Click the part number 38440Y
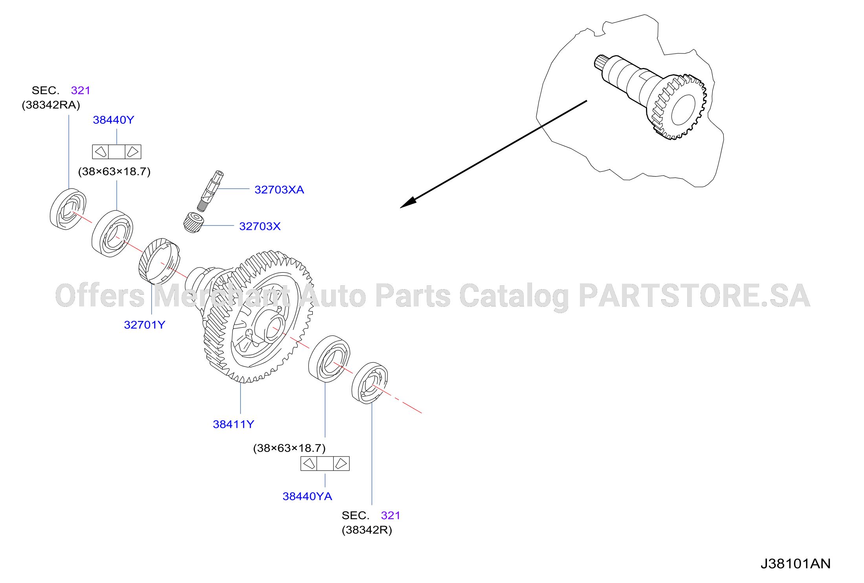pyautogui.click(x=114, y=120)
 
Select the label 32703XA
pyautogui.click(x=279, y=190)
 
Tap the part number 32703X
pyautogui.click(x=260, y=226)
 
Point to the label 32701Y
pyautogui.click(x=145, y=325)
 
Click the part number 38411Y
pyautogui.click(x=233, y=424)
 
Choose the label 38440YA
pyautogui.click(x=307, y=497)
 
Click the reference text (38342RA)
pyautogui.click(x=51, y=105)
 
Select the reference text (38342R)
pyautogui.click(x=367, y=530)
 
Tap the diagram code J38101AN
pyautogui.click(x=796, y=564)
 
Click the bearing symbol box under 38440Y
pyautogui.click(x=117, y=152)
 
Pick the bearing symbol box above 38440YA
pyautogui.click(x=325, y=464)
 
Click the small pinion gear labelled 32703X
pyautogui.click(x=194, y=223)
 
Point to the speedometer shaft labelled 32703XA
pyautogui.click(x=210, y=191)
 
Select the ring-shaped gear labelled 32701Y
pyautogui.click(x=160, y=261)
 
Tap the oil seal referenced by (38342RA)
pyautogui.click(x=68, y=209)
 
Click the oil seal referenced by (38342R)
pyautogui.click(x=370, y=383)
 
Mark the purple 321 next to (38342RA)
pyautogui.click(x=81, y=90)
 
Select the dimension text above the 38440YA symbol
pyautogui.click(x=290, y=448)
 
